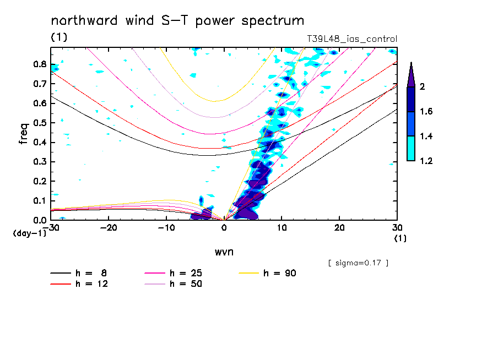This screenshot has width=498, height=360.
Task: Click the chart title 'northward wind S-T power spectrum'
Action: pos(177,21)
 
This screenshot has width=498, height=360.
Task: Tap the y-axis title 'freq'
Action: pos(23,133)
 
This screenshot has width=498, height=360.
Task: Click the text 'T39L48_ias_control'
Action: pos(352,39)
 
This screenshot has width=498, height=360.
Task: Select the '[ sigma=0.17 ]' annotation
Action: pos(358,263)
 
